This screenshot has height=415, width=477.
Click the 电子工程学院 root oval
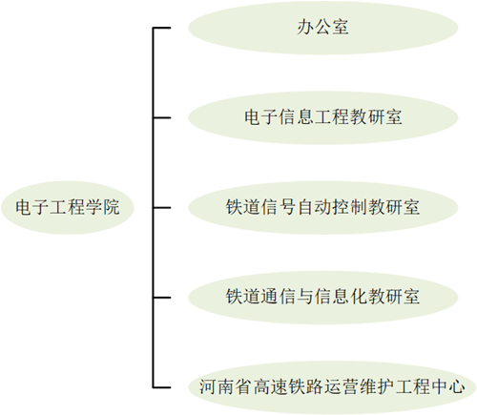(68, 208)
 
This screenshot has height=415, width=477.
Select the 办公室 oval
(323, 28)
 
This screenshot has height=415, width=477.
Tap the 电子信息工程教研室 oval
(323, 117)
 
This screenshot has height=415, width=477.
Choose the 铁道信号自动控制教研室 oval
(323, 208)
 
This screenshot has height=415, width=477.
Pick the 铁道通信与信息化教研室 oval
(323, 298)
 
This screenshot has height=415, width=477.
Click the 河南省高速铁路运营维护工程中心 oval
(332, 387)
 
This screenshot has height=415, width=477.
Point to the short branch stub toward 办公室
(162, 28)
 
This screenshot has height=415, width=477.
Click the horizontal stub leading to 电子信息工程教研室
(162, 117)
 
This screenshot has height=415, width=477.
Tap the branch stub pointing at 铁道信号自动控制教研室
(162, 208)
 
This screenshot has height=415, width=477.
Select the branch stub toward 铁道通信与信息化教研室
(162, 298)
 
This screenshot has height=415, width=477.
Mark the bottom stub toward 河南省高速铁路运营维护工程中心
(162, 387)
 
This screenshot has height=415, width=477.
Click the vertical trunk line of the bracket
(154, 208)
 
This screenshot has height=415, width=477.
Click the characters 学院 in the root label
(102, 207)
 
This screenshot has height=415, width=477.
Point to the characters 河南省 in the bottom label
(225, 386)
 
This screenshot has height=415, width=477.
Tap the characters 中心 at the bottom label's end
(447, 386)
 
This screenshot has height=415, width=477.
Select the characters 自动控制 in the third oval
(331, 207)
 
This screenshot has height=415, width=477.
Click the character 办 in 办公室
(305, 27)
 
